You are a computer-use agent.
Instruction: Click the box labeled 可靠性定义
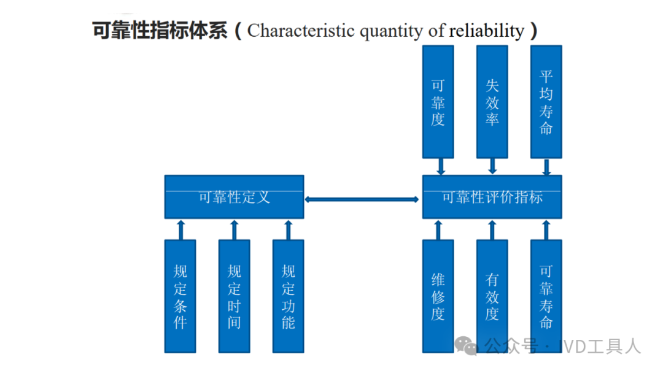click(x=234, y=197)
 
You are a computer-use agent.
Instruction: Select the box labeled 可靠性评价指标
click(x=492, y=197)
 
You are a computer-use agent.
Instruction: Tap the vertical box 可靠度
click(x=438, y=101)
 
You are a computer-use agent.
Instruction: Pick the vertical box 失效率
click(x=492, y=101)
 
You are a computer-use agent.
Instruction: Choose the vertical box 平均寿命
click(x=546, y=101)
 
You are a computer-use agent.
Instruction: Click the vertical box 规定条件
click(x=180, y=296)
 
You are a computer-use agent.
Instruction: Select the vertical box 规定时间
click(x=234, y=296)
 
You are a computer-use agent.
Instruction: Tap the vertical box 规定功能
click(x=288, y=296)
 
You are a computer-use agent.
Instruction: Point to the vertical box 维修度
click(x=438, y=296)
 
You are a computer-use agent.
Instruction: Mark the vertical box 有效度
click(x=492, y=296)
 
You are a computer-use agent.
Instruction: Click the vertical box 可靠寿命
click(x=546, y=296)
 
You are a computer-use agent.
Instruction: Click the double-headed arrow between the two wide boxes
click(x=362, y=199)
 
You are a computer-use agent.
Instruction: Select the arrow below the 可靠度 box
click(x=440, y=166)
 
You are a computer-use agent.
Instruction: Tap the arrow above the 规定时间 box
click(x=234, y=229)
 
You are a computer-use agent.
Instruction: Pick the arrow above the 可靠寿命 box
click(x=546, y=229)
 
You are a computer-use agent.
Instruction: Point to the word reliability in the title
click(x=487, y=31)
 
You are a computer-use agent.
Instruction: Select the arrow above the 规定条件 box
click(x=180, y=229)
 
